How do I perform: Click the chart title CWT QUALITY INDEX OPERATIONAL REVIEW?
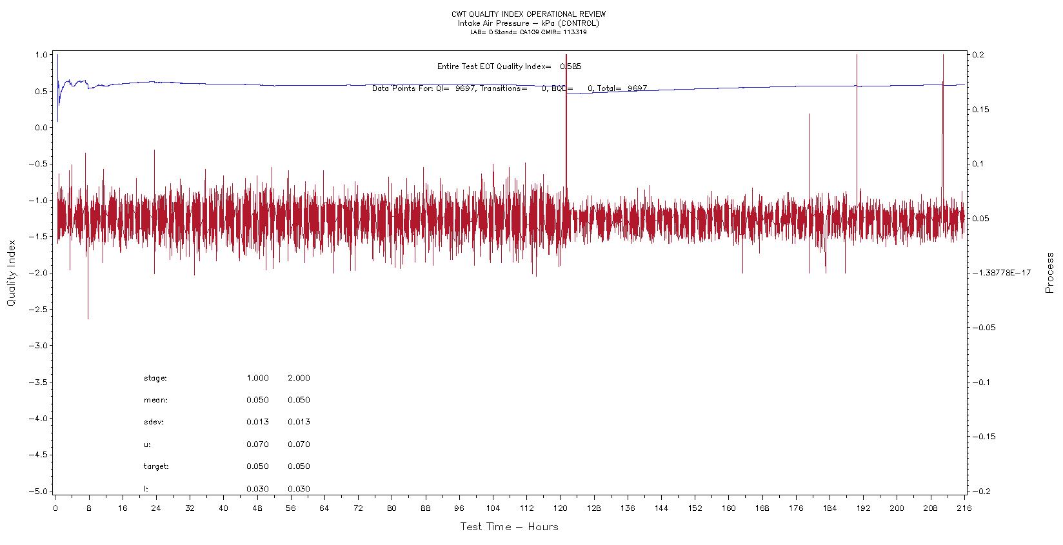pyautogui.click(x=528, y=14)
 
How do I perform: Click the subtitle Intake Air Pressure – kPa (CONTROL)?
pyautogui.click(x=528, y=23)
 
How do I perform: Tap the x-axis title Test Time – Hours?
pyautogui.click(x=509, y=527)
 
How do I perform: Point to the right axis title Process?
pyautogui.click(x=1049, y=273)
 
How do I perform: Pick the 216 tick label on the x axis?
pyautogui.click(x=964, y=508)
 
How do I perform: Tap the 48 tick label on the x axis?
pyautogui.click(x=257, y=508)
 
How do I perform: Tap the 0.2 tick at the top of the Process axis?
pyautogui.click(x=978, y=55)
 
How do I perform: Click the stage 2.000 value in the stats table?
pyautogui.click(x=299, y=378)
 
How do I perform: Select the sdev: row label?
pyautogui.click(x=154, y=422)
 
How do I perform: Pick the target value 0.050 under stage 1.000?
pyautogui.click(x=257, y=466)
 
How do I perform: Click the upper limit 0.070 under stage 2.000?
pyautogui.click(x=299, y=444)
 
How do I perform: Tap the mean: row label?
pyautogui.click(x=155, y=400)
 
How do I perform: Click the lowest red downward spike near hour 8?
pyautogui.click(x=88, y=317)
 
